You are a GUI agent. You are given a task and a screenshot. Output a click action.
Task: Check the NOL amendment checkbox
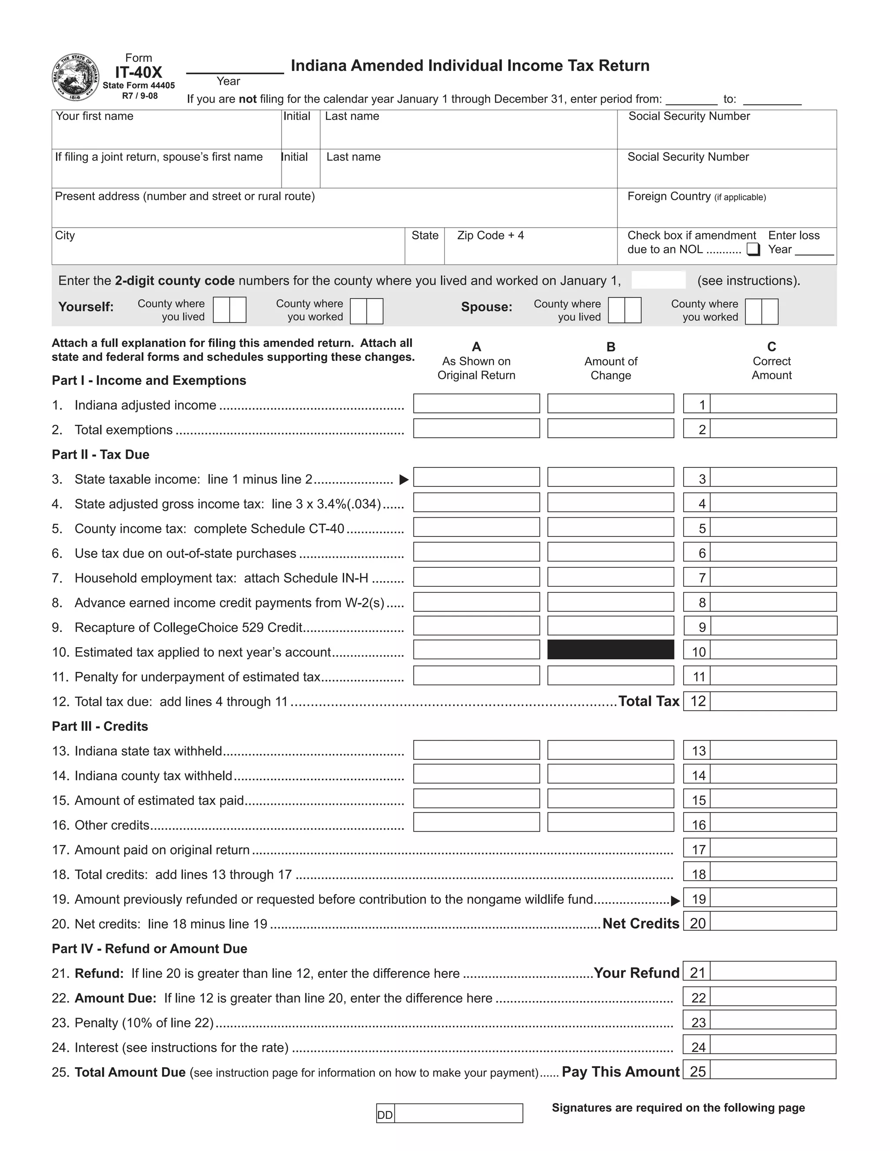[x=754, y=249]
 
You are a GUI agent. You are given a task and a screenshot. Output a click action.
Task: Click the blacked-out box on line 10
[x=611, y=649]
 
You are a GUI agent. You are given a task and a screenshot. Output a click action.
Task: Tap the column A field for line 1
[x=476, y=404]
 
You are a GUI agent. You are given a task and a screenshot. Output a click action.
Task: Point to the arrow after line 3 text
[x=404, y=480]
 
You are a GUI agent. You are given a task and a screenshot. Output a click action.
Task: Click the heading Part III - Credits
[x=100, y=726]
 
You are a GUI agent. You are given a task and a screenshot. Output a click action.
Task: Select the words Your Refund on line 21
[x=636, y=973]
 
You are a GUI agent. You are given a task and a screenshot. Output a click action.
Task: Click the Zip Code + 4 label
[x=490, y=235]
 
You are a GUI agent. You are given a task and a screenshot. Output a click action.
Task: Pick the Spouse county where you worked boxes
[x=761, y=311]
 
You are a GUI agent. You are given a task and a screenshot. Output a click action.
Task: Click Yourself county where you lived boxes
[x=229, y=310]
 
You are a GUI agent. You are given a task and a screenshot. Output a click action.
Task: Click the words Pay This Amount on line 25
[x=621, y=1072]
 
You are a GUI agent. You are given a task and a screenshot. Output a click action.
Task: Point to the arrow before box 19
[x=675, y=901]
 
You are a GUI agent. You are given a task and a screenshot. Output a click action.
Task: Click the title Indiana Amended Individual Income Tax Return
[x=470, y=66]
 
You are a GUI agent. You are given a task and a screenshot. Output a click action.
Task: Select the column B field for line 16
[x=611, y=822]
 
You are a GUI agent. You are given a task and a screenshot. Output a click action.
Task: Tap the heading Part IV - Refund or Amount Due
[x=149, y=949]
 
